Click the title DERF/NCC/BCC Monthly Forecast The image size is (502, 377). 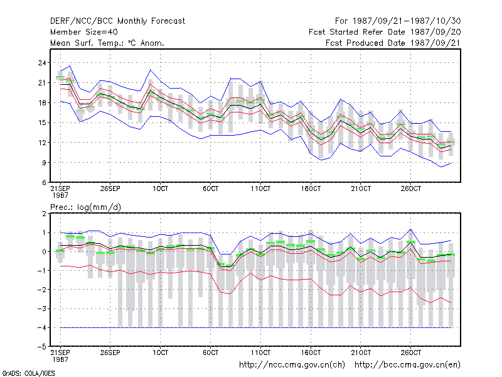(x=117, y=21)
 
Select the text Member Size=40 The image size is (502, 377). (x=84, y=32)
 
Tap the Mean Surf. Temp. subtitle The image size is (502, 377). (x=107, y=43)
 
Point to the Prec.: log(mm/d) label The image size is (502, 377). (x=85, y=207)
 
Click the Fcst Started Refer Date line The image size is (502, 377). (x=385, y=32)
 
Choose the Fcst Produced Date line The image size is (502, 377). (x=393, y=43)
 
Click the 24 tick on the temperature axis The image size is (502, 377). (x=42, y=63)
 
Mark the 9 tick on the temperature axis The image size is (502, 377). (x=44, y=163)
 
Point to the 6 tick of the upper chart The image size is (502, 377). (x=44, y=183)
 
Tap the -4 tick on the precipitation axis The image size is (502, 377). (x=41, y=327)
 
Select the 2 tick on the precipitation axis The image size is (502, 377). (x=44, y=214)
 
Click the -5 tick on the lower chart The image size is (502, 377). (x=41, y=347)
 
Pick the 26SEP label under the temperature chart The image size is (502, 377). (x=110, y=188)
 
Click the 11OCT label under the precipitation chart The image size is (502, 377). (x=260, y=352)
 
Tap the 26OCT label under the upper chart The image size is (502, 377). (x=411, y=188)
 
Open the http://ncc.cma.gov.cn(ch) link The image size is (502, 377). (x=292, y=365)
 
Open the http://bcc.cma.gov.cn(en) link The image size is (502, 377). (x=407, y=365)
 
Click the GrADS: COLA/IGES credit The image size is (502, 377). (x=29, y=373)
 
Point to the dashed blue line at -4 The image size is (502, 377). (x=256, y=327)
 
